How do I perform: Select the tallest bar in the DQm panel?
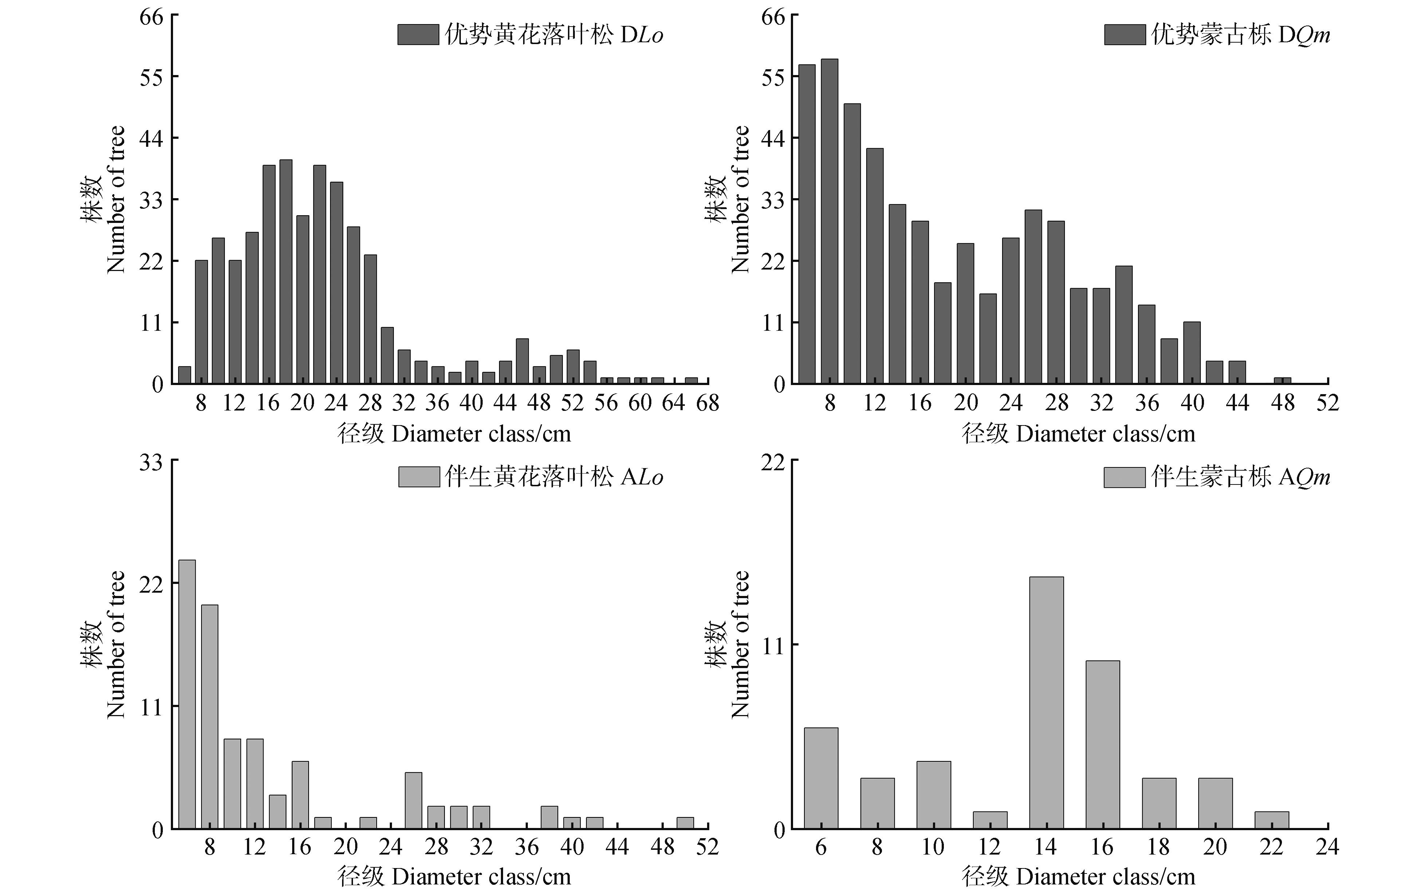829,221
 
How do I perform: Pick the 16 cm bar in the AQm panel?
1102,745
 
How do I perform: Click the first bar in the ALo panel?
187,695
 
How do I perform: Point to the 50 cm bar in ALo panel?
684,823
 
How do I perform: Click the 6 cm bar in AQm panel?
820,778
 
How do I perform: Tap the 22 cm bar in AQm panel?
1271,820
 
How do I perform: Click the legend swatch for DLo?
418,35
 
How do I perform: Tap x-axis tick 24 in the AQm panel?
1327,847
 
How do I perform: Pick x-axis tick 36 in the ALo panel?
527,847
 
